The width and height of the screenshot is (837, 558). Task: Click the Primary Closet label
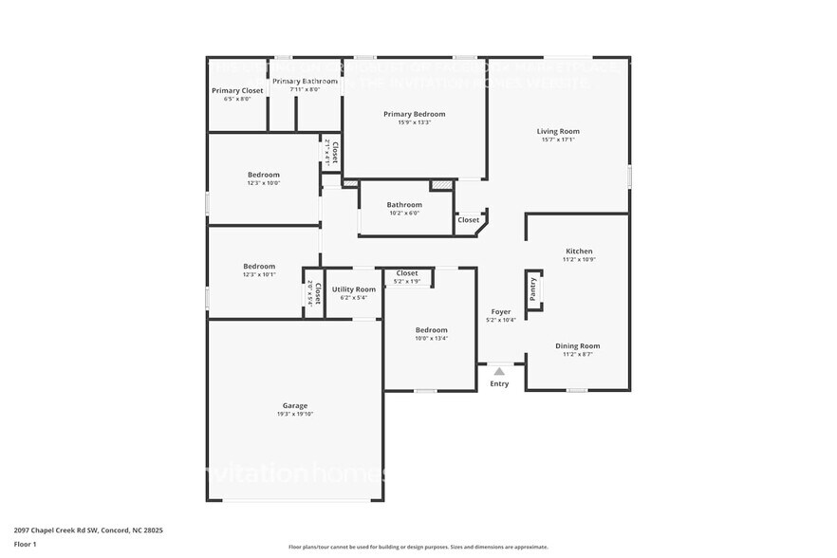[x=237, y=91]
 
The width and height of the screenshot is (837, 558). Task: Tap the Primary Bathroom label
[x=305, y=82]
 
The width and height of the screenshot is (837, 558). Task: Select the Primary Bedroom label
[x=414, y=114]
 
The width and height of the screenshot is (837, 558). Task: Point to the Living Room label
[x=558, y=132]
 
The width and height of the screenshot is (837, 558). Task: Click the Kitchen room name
[x=578, y=251]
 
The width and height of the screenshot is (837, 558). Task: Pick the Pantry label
[x=533, y=289]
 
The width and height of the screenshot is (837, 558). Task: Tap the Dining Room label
[x=577, y=346]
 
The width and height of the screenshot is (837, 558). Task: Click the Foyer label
[x=500, y=312]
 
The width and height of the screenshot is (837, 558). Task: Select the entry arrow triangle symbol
[x=499, y=371]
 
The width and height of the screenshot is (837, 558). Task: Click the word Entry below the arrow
[x=499, y=384]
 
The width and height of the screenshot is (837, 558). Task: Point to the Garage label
[x=294, y=405]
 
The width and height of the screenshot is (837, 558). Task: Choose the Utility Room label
[x=353, y=289]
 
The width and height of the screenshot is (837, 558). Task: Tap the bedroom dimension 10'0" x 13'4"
[x=431, y=339]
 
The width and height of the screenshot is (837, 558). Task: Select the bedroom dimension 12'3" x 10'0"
[x=264, y=183]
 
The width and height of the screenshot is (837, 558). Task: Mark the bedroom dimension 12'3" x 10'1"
[x=259, y=274]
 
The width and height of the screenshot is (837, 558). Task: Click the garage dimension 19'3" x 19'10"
[x=294, y=414]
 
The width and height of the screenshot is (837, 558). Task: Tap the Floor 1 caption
[x=25, y=544]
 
